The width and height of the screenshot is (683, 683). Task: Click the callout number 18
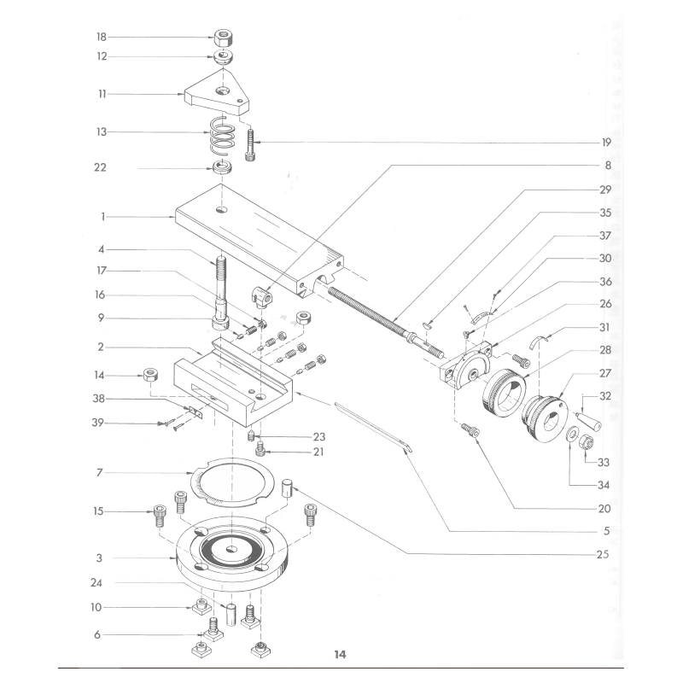tap(102, 38)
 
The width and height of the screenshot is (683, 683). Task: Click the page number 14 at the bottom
tap(340, 655)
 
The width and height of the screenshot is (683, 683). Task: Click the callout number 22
tap(102, 168)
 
